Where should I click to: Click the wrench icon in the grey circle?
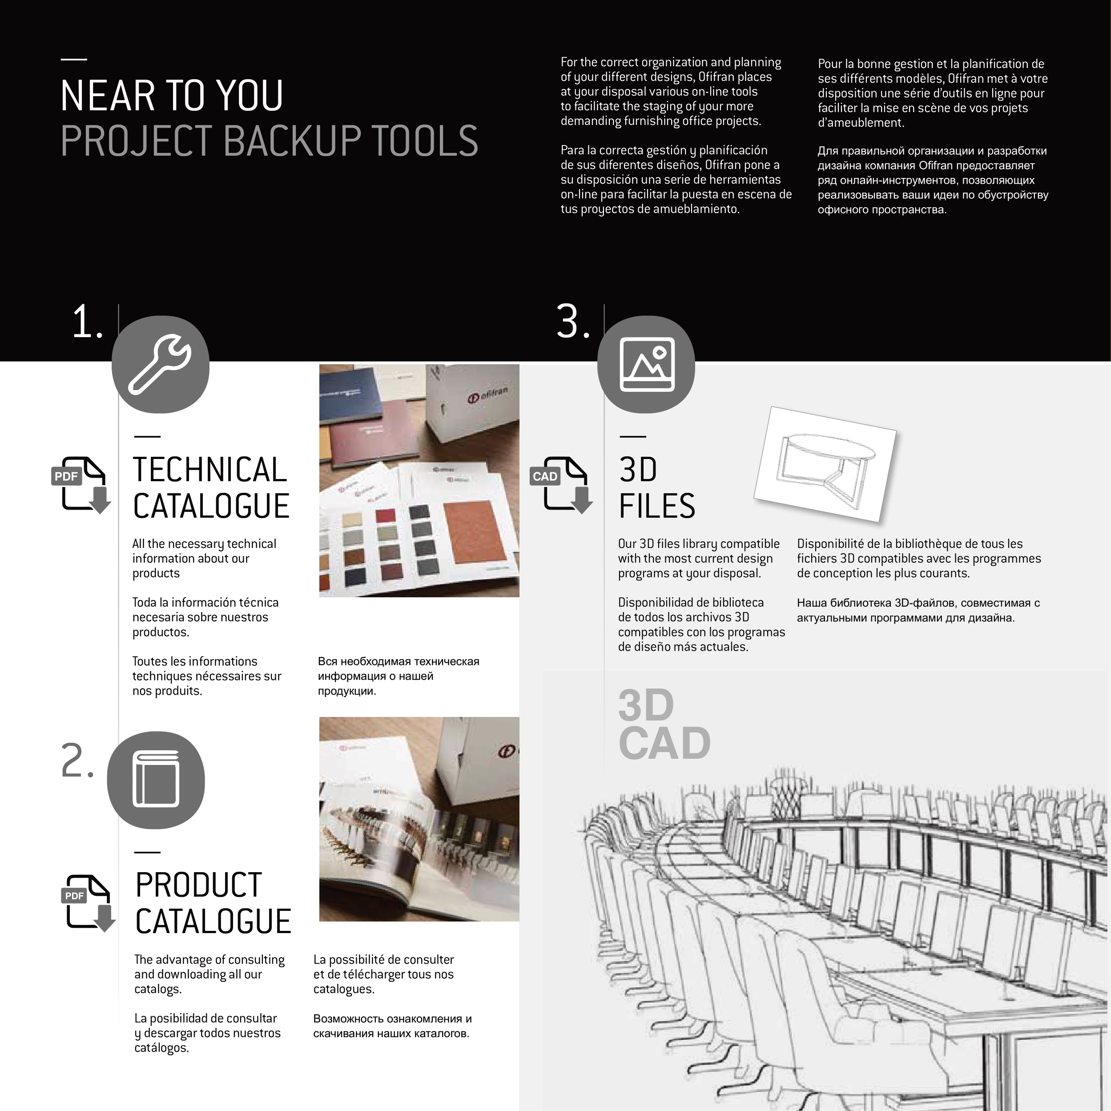(160, 365)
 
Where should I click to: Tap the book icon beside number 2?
(156, 780)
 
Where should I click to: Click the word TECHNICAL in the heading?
(210, 470)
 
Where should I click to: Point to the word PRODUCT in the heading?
(198, 885)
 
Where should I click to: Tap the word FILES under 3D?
(657, 506)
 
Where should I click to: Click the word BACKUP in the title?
(292, 141)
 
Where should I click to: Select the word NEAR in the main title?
(108, 96)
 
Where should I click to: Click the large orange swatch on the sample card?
(475, 532)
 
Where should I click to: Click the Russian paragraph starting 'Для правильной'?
(933, 180)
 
